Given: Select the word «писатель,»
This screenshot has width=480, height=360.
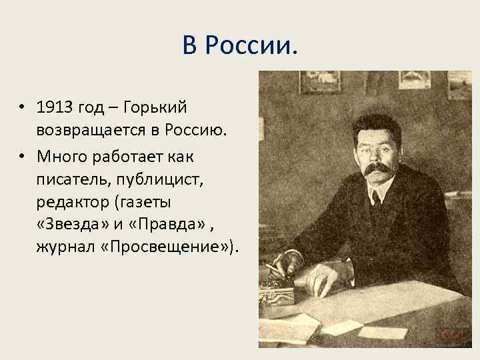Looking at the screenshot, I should [71, 179].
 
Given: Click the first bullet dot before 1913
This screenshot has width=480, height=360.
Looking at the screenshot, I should [22, 106].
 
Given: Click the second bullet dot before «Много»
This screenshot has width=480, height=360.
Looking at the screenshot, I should [22, 155].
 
